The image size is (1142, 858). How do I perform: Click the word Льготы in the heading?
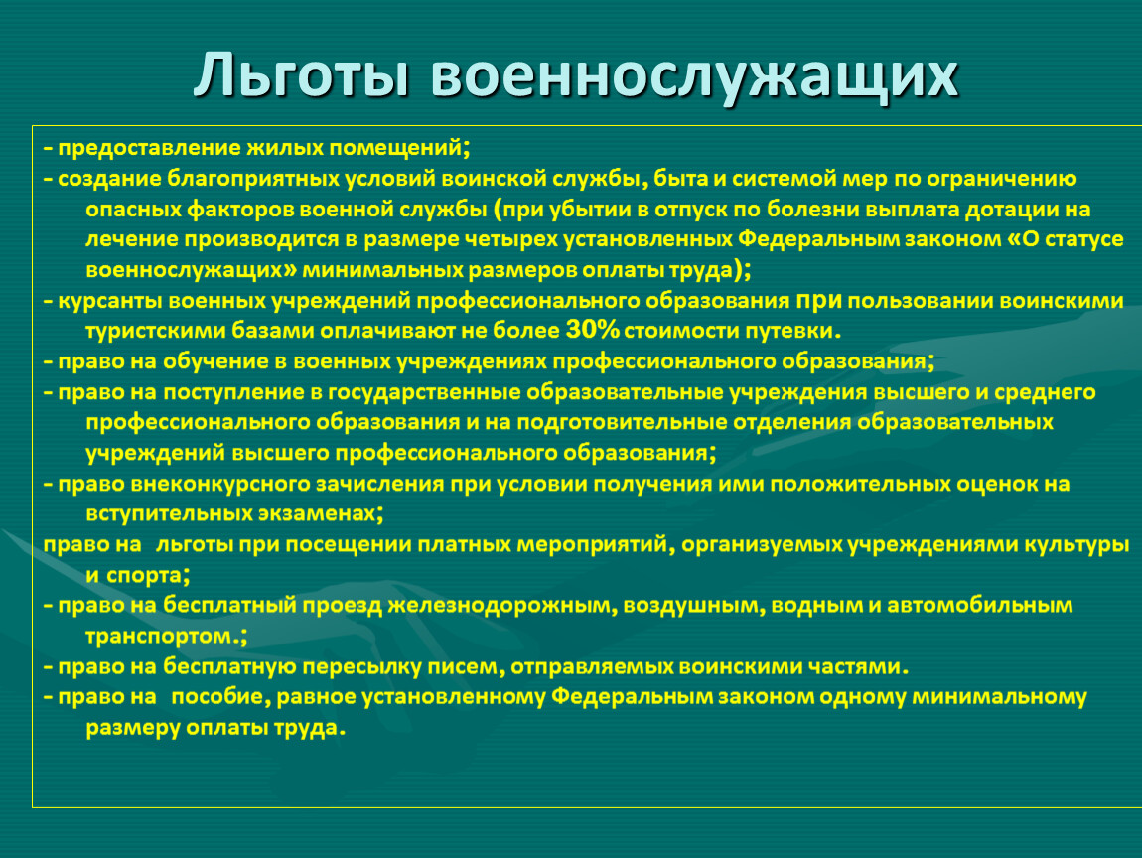[x=301, y=74]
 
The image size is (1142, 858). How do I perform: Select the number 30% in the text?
[x=592, y=330]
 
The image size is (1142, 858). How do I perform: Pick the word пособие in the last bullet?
[x=217, y=697]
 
